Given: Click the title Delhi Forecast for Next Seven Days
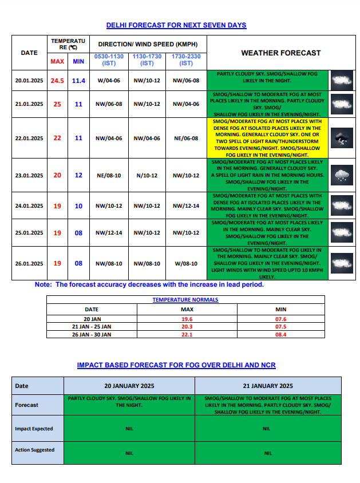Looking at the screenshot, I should pyautogui.click(x=176, y=25).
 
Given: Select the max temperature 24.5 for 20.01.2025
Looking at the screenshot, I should pyautogui.click(x=57, y=81).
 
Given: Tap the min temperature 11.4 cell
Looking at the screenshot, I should pyautogui.click(x=78, y=81).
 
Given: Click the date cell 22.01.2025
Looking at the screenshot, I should pyautogui.click(x=29, y=138).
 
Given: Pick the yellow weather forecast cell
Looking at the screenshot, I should pyautogui.click(x=267, y=138).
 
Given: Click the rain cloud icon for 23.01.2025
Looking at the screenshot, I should pyautogui.click(x=342, y=175).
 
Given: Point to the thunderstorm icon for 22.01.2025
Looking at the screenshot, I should pyautogui.click(x=342, y=138).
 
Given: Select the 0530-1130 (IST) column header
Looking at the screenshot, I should pyautogui.click(x=109, y=60).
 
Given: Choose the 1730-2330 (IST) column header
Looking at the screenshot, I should pyautogui.click(x=186, y=60).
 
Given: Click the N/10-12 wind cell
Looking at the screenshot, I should pyautogui.click(x=147, y=175).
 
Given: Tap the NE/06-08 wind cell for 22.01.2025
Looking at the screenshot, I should pyautogui.click(x=186, y=138).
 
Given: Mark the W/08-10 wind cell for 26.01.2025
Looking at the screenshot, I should pyautogui.click(x=186, y=264).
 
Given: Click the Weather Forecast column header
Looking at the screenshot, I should pyautogui.click(x=280, y=53).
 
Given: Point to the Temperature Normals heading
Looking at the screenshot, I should pyautogui.click(x=185, y=299).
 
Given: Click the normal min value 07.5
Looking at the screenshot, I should pyautogui.click(x=280, y=327).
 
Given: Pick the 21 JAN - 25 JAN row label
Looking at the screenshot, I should pyautogui.click(x=92, y=327).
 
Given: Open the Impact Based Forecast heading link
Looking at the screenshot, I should pyautogui.click(x=176, y=365).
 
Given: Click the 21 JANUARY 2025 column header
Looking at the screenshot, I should pyautogui.click(x=268, y=386).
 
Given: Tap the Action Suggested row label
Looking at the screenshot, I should pyautogui.click(x=35, y=450).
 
